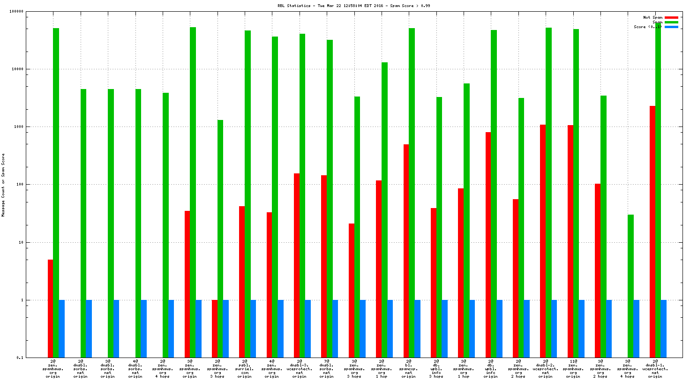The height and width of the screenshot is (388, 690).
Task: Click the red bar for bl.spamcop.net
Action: [x=406, y=251]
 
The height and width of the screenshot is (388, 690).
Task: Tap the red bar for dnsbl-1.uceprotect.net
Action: [x=652, y=231]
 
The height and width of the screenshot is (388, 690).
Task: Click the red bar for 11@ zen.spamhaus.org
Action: [x=570, y=241]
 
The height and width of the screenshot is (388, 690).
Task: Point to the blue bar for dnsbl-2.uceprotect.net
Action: [x=554, y=328]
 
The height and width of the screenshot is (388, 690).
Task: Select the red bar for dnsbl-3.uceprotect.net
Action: [x=297, y=265]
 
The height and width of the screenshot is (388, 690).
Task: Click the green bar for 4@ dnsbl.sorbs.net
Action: [x=138, y=223]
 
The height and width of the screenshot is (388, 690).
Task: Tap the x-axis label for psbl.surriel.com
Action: [x=244, y=369]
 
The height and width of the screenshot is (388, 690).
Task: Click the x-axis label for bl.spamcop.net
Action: [x=409, y=369]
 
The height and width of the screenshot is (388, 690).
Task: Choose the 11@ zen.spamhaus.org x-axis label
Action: [x=573, y=369]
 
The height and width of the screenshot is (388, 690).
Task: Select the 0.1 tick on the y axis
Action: [x=20, y=358]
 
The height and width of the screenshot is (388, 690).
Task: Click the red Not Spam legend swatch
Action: [x=671, y=17]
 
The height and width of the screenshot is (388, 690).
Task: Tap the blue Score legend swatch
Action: [x=671, y=27]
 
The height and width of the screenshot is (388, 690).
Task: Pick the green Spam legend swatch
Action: [x=671, y=22]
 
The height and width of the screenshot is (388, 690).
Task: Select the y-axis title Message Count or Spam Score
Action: [x=3, y=185]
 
